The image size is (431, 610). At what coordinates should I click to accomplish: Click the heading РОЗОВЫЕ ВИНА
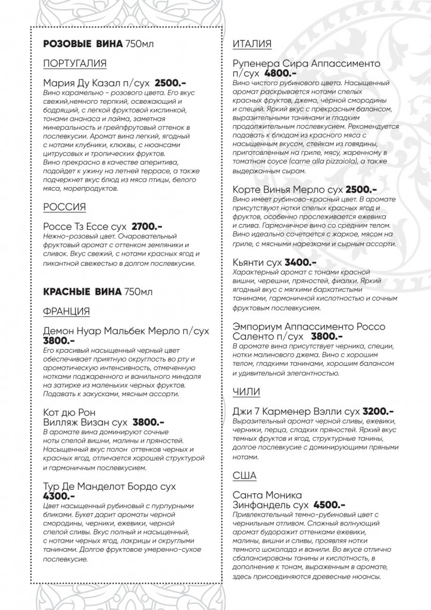coord(83,45)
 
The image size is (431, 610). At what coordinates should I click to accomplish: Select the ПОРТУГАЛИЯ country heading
coord(75,64)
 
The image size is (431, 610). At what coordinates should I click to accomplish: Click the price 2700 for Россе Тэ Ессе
coord(146,226)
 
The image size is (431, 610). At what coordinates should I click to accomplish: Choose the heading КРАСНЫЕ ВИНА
coord(82,292)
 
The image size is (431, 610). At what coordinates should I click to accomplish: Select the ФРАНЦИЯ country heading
coord(67,311)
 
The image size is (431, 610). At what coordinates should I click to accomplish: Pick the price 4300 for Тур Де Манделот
coord(60,495)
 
